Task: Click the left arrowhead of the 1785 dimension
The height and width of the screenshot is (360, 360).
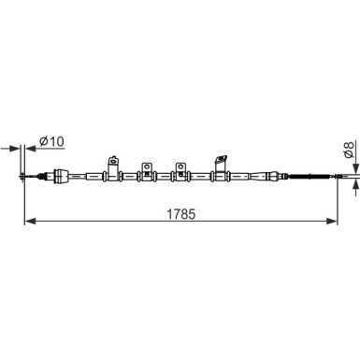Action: tap(28, 222)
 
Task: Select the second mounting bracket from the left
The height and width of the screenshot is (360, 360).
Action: tap(147, 170)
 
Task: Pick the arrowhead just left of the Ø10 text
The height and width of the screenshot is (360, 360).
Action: tap(31, 148)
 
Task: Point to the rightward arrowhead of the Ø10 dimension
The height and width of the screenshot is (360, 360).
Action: tap(16, 148)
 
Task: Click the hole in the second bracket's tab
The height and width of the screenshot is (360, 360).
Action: tap(147, 166)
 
